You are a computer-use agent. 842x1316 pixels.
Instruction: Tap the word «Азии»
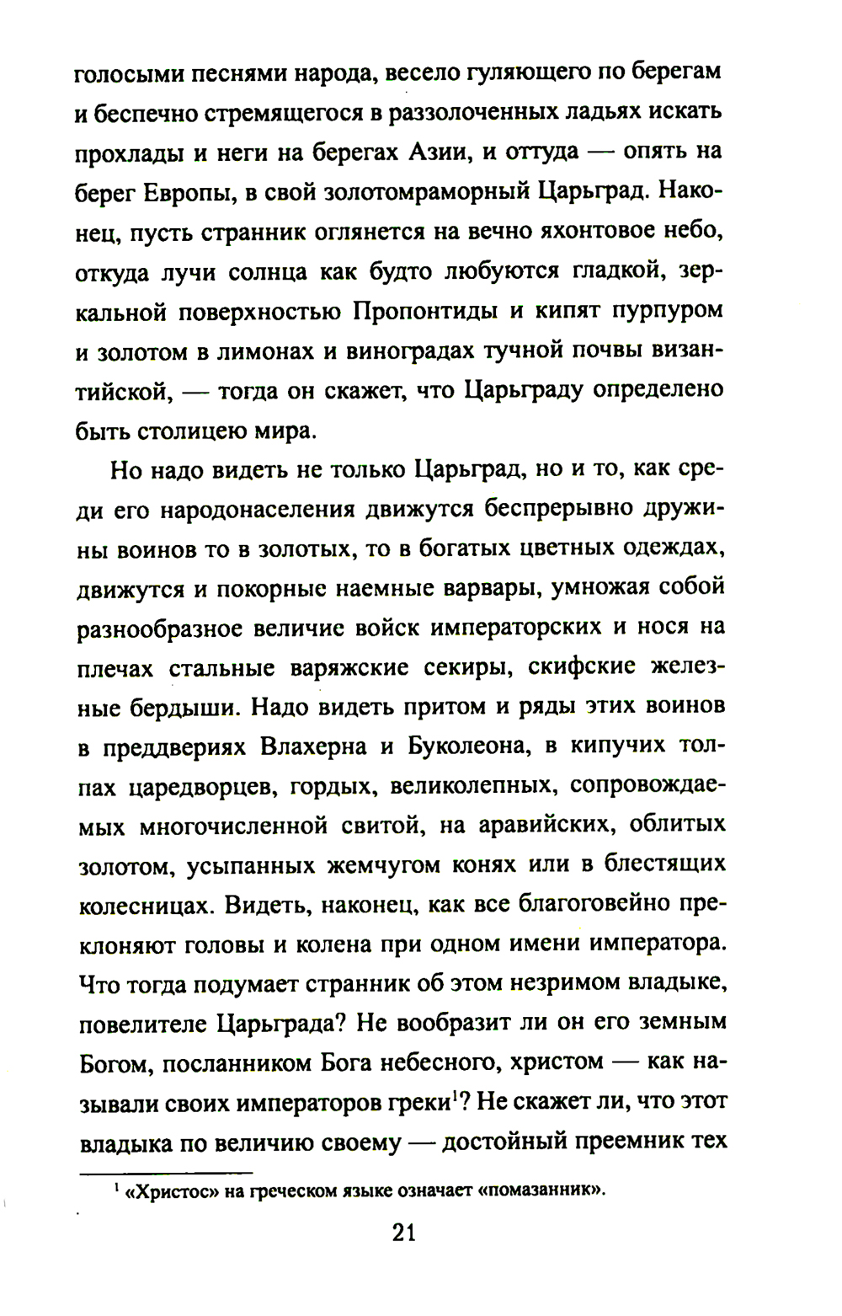coord(440,152)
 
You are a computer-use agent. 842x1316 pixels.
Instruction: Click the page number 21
coord(404,1233)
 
